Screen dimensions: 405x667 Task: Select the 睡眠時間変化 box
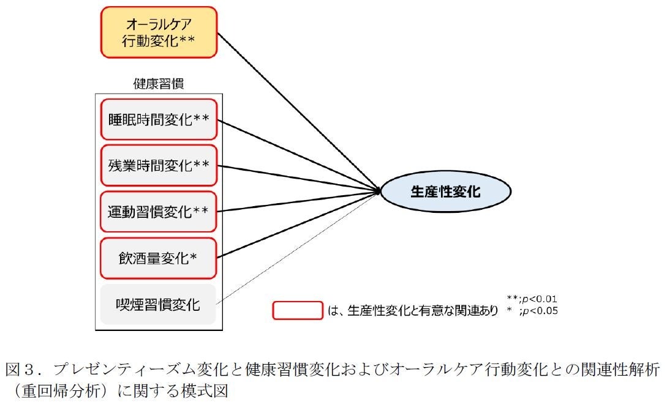tap(159, 119)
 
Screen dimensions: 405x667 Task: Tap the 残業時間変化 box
tap(159, 165)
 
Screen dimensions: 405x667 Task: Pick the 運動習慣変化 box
tap(159, 211)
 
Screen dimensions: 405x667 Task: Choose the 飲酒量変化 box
tap(159, 258)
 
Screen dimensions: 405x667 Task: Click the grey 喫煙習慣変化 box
tap(159, 304)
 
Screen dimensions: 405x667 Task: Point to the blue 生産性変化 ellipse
tap(445, 191)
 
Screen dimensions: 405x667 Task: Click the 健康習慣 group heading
tap(158, 84)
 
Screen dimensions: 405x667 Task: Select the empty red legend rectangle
tap(297, 310)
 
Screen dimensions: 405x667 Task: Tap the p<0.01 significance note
tap(532, 299)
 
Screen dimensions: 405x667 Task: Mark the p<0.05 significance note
tap(532, 311)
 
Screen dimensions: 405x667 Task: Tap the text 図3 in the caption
tap(21, 370)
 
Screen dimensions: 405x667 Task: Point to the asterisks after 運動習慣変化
tap(201, 211)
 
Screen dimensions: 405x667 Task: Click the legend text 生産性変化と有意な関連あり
tap(423, 311)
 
